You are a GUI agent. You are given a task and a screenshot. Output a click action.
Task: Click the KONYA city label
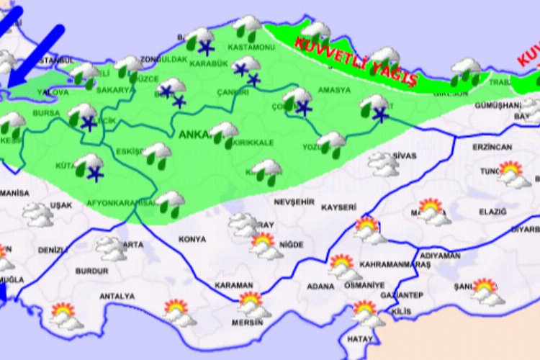[x=193, y=239]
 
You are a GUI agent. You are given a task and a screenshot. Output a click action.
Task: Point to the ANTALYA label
[x=117, y=296]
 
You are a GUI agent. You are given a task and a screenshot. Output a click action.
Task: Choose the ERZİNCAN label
[x=492, y=147]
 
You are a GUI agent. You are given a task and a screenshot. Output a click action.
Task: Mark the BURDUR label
[x=91, y=271]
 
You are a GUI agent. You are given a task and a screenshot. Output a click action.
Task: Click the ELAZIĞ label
[x=492, y=212]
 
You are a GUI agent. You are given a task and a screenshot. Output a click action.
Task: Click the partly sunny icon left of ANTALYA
[x=66, y=315]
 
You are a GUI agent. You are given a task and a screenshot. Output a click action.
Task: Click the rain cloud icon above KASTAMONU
[x=248, y=27]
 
